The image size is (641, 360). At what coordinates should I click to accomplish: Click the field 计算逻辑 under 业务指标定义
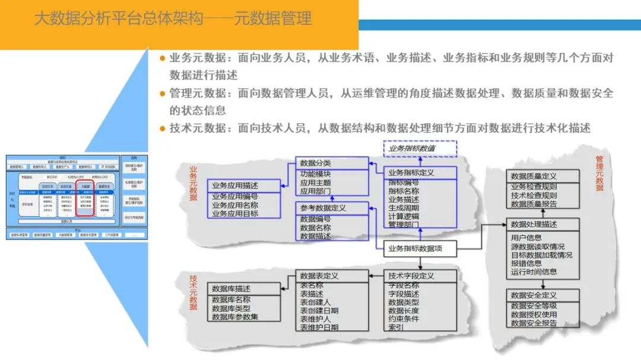pyautogui.click(x=404, y=216)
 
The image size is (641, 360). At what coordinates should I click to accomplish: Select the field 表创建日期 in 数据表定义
pyautogui.click(x=319, y=310)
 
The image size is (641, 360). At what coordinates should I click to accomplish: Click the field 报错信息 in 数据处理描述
pyautogui.click(x=526, y=263)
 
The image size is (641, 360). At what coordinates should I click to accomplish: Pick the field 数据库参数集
pyautogui.click(x=235, y=317)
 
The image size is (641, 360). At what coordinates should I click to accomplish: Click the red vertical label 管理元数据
pyautogui.click(x=599, y=174)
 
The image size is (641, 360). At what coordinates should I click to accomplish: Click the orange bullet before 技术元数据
pyautogui.click(x=162, y=129)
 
